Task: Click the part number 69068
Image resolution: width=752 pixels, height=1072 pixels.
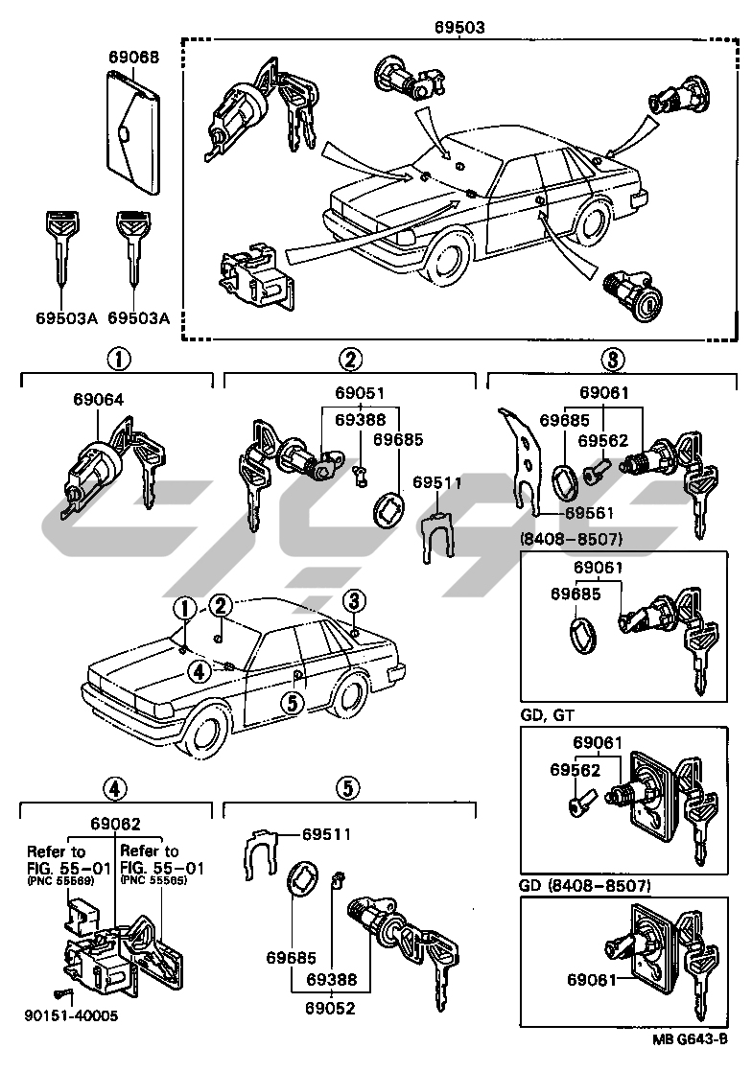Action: point(133,58)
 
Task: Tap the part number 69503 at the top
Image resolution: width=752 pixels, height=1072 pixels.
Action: point(459,28)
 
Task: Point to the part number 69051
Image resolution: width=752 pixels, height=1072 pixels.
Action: point(360,392)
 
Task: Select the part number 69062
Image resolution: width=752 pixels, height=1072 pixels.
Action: point(116,823)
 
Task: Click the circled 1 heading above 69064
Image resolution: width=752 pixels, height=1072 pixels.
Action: point(117,361)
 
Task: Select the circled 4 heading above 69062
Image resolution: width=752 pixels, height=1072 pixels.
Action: point(114,789)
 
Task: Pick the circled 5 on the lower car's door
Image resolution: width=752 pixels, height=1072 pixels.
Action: point(292,703)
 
